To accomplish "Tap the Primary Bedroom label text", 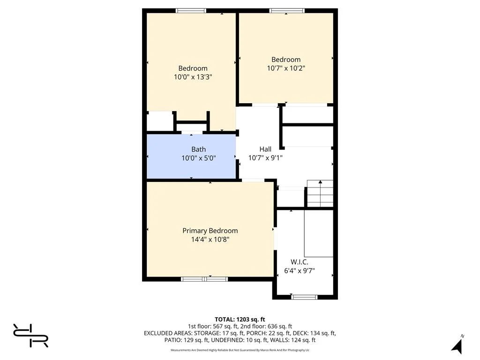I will pyautogui.click(x=210, y=231).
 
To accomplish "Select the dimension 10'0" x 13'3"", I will pyautogui.click(x=193, y=77).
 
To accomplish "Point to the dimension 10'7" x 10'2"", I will pyautogui.click(x=286, y=68).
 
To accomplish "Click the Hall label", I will pyautogui.click(x=265, y=149).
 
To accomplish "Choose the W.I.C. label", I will pyautogui.click(x=299, y=262).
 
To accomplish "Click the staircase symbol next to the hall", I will pyautogui.click(x=320, y=193).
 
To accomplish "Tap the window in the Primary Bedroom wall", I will pyautogui.click(x=204, y=279).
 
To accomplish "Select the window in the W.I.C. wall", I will pyautogui.click(x=304, y=297).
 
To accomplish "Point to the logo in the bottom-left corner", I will pyautogui.click(x=31, y=336).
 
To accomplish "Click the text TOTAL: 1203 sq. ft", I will pyautogui.click(x=240, y=319).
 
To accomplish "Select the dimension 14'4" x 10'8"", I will pyautogui.click(x=210, y=240).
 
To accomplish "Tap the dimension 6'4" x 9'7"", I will pyautogui.click(x=299, y=270).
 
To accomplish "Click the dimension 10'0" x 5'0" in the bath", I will pyautogui.click(x=198, y=158).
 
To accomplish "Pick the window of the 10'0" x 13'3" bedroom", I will pyautogui.click(x=191, y=10).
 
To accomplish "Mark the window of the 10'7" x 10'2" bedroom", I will pyautogui.click(x=287, y=10).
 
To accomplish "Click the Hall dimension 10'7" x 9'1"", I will pyautogui.click(x=265, y=158).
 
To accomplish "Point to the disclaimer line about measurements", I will pyautogui.click(x=240, y=350).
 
